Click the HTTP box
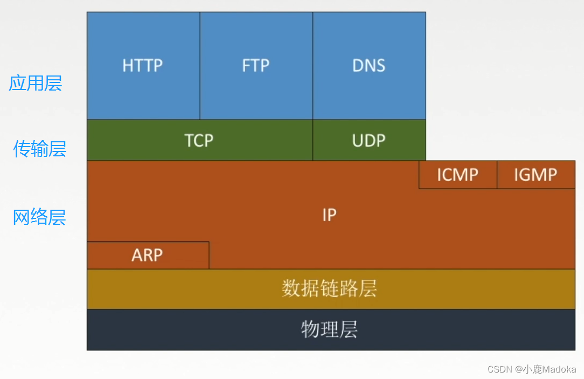click(143, 66)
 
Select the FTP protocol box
click(256, 66)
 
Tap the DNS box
click(369, 66)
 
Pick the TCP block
click(199, 140)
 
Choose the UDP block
click(369, 140)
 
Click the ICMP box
click(457, 175)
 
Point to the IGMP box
click(536, 175)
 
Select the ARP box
click(147, 255)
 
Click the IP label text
click(329, 215)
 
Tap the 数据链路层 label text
click(329, 289)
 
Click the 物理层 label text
click(329, 329)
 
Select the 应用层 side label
click(36, 83)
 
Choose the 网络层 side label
click(39, 217)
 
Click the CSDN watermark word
click(499, 369)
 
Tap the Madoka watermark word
click(559, 369)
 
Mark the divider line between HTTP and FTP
click(200, 66)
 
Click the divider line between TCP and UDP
click(313, 140)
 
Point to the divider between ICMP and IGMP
click(497, 175)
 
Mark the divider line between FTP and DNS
click(313, 66)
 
